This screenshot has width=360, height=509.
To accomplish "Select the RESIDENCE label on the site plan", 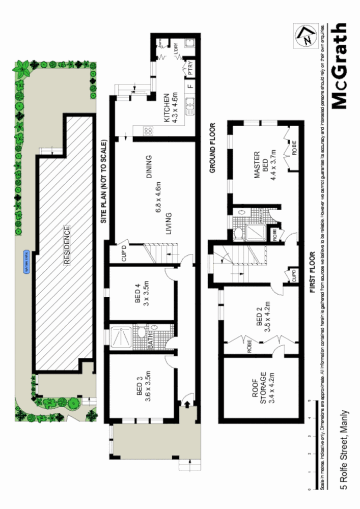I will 67,246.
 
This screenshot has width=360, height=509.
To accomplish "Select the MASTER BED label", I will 261,163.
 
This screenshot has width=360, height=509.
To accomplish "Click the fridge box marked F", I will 189,87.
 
